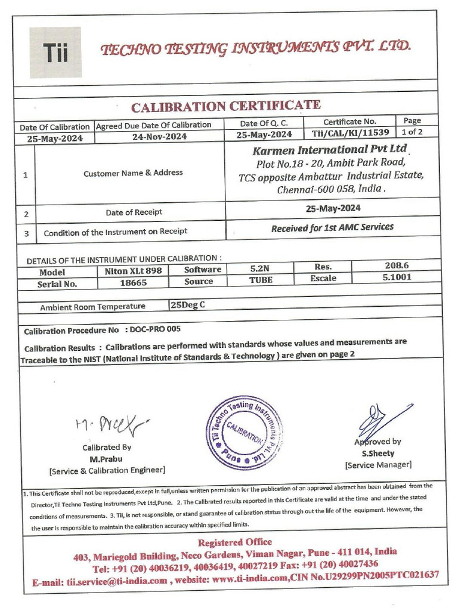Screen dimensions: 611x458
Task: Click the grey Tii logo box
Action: coord(55,53)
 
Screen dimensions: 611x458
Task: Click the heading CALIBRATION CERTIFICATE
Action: coord(226,107)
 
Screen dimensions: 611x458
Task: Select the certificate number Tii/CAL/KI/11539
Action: coord(350,133)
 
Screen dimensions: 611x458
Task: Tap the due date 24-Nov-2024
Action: coord(159,136)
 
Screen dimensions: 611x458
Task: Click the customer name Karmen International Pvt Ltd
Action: coord(330,149)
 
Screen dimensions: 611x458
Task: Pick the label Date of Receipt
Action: coord(134,212)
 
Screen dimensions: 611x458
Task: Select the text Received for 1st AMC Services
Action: coord(332,227)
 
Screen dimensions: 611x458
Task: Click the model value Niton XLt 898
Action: coord(129,270)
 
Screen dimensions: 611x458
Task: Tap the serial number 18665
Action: coord(129,283)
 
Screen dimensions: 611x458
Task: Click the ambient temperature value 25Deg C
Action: coord(188,305)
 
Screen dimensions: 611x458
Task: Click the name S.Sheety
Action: coord(377,453)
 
